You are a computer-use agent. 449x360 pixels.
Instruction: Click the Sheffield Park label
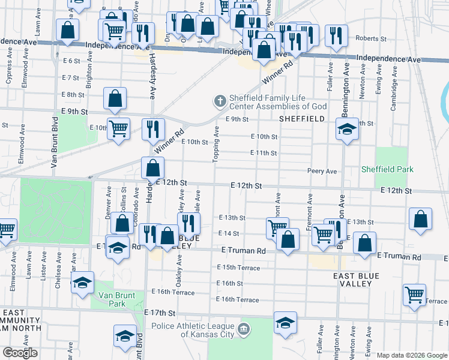[x=387, y=169]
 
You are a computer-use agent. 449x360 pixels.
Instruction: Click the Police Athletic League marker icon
[x=244, y=329]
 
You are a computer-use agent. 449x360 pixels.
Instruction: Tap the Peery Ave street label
[x=322, y=171]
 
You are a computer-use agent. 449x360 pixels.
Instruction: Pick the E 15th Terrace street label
[x=238, y=267]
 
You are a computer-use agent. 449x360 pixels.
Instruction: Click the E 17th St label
[x=160, y=313]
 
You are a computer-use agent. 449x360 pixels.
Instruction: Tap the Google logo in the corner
[x=20, y=353]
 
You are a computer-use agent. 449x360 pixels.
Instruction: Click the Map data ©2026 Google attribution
[x=412, y=355]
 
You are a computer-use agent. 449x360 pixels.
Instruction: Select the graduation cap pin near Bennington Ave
[x=346, y=130]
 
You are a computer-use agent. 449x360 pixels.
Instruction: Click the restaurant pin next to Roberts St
[x=336, y=35]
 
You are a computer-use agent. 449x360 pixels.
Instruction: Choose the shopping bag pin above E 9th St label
[x=115, y=98]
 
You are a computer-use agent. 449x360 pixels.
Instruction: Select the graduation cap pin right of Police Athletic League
[x=285, y=323]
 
